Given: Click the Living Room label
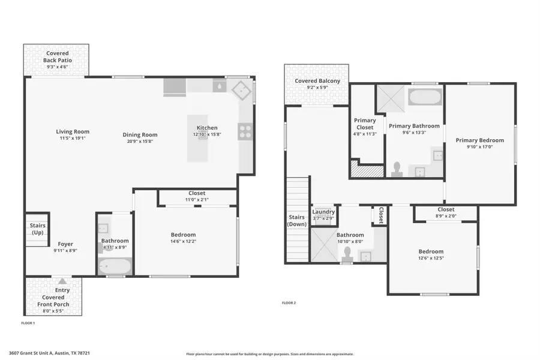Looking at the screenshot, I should pyautogui.click(x=73, y=132).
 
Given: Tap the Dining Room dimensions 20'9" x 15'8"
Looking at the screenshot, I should pyautogui.click(x=140, y=142).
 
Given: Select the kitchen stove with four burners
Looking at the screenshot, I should pyautogui.click(x=245, y=131).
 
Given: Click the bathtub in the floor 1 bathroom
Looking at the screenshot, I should pyautogui.click(x=112, y=266).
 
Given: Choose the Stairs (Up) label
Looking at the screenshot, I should pyautogui.click(x=37, y=229).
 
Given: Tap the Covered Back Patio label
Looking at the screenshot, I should pyautogui.click(x=57, y=57).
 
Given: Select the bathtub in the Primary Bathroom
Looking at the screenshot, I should pyautogui.click(x=425, y=97).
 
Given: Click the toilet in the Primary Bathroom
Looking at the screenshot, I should pyautogui.click(x=397, y=169).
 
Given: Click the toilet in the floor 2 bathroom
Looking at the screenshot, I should pyautogui.click(x=347, y=257).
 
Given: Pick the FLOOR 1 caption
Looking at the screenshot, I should pyautogui.click(x=28, y=323).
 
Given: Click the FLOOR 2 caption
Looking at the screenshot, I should pyautogui.click(x=289, y=303).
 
